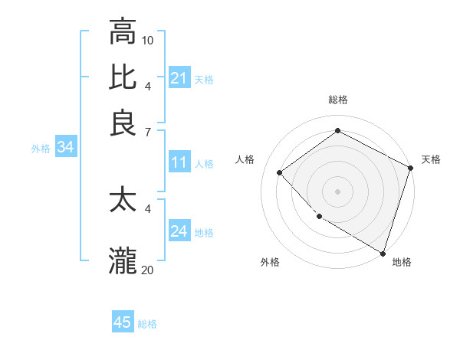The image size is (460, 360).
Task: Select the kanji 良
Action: tap(123, 123)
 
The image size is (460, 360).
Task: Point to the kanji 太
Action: tap(123, 200)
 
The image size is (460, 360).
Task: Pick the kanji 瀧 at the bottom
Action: tap(123, 260)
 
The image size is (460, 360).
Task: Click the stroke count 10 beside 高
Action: tap(148, 40)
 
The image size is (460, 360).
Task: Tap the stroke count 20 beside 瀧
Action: tap(148, 270)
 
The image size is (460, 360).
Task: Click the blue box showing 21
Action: tap(179, 78)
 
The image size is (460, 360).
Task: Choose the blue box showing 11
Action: tap(179, 162)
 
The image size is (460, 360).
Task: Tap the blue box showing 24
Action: tap(179, 231)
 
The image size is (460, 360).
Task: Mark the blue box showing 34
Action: tap(65, 148)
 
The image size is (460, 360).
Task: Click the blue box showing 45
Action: tap(123, 322)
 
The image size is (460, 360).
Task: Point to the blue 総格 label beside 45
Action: tap(147, 324)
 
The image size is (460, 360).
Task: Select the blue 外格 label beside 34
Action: tap(41, 149)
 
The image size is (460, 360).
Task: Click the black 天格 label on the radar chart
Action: tap(431, 159)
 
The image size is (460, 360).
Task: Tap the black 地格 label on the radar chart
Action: tap(402, 262)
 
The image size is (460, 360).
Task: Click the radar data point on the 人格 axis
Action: tap(280, 172)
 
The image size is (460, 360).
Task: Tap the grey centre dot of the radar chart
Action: tap(337, 191)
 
